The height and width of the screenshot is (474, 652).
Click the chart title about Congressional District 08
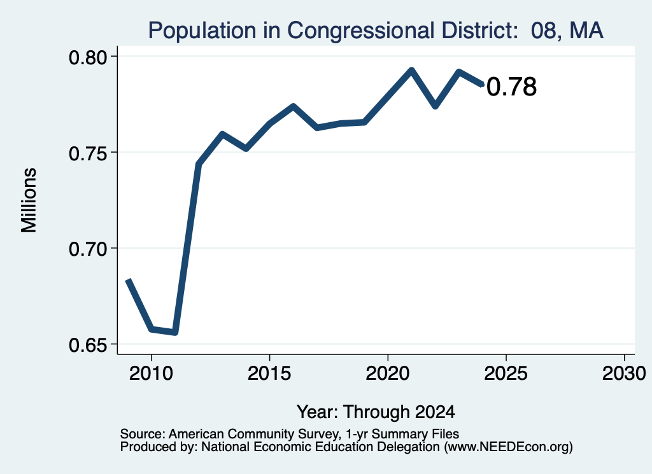pyautogui.click(x=376, y=31)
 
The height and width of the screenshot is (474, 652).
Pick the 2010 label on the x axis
pyautogui.click(x=151, y=373)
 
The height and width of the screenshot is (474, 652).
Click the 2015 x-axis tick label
pyautogui.click(x=269, y=373)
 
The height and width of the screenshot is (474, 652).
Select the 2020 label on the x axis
pyautogui.click(x=388, y=373)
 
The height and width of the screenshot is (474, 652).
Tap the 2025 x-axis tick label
pyautogui.click(x=506, y=373)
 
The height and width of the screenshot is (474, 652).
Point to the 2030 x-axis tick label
pyautogui.click(x=624, y=373)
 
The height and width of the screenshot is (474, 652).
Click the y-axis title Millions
pyautogui.click(x=29, y=200)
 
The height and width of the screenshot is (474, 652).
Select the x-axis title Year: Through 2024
pyautogui.click(x=376, y=412)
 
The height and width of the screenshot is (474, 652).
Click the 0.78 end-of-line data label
pyautogui.click(x=511, y=87)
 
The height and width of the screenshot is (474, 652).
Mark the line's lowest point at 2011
pyautogui.click(x=175, y=332)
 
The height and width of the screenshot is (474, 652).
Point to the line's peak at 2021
pyautogui.click(x=411, y=70)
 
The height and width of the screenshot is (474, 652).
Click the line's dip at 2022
pyautogui.click(x=436, y=106)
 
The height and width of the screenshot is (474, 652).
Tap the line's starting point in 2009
pyautogui.click(x=128, y=281)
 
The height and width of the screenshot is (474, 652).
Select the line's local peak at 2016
pyautogui.click(x=293, y=107)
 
